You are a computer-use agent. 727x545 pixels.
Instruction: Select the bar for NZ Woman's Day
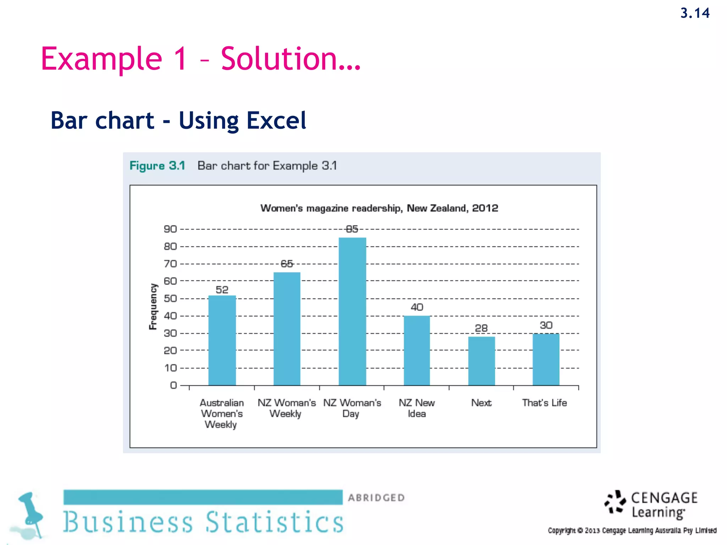352,311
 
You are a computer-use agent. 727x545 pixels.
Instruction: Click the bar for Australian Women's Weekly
222,340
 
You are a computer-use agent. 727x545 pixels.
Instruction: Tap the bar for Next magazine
481,361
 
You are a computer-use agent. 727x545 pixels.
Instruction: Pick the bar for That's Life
546,359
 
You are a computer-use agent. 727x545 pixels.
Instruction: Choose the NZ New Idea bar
417,350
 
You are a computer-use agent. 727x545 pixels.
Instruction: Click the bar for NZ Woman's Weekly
287,329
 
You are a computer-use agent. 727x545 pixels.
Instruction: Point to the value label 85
352,229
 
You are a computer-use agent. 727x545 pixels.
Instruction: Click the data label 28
481,328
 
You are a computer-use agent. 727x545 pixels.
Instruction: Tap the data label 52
222,290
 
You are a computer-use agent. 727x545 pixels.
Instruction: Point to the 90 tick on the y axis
170,229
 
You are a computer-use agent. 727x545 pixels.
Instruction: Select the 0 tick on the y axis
173,385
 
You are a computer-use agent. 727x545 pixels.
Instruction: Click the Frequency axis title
153,307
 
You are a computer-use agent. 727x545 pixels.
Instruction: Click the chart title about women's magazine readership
379,208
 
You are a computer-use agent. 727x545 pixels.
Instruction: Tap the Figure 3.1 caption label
157,166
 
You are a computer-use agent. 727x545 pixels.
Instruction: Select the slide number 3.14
695,13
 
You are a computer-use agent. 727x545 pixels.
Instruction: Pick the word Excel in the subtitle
276,121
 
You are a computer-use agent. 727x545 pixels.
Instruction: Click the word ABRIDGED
376,498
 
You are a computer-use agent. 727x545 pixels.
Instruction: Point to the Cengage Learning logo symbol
615,502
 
